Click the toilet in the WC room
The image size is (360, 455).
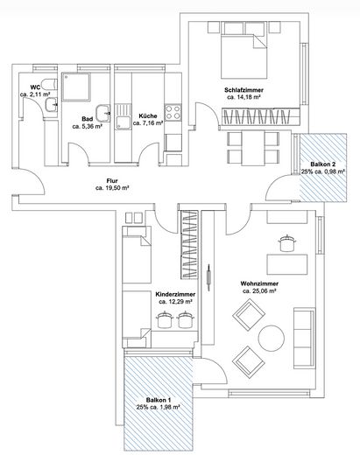[48, 85]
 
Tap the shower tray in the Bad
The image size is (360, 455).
[76, 87]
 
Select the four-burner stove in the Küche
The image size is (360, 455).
[173, 113]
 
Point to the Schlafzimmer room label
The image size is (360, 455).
[244, 90]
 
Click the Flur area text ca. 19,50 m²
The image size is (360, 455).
[112, 188]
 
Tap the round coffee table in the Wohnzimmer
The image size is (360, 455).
[272, 339]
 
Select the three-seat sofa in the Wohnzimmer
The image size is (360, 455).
[304, 338]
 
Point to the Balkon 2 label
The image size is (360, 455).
[322, 164]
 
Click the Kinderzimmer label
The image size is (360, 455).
[175, 295]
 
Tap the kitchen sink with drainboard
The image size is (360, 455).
[123, 116]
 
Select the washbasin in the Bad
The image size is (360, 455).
[103, 113]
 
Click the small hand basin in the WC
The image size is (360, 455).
[52, 105]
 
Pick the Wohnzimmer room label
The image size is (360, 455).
[259, 283]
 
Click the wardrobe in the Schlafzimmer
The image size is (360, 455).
[261, 116]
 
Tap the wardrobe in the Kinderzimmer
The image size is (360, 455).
[190, 244]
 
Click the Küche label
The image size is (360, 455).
[148, 116]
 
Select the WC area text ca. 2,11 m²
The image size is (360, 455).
[35, 94]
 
